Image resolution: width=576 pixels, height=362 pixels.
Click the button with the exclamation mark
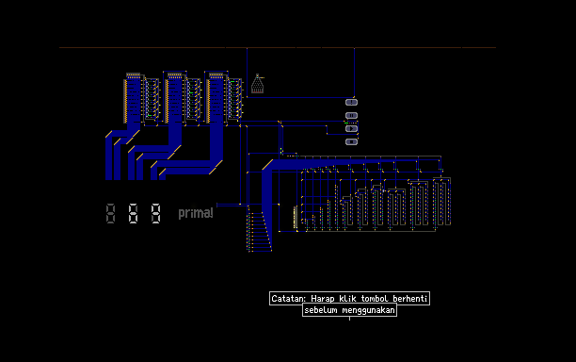(x=352, y=102)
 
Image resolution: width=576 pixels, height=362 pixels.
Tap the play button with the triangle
(x=352, y=129)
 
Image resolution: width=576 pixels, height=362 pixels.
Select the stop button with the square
(x=352, y=141)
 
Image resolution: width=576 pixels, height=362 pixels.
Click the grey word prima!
(x=196, y=213)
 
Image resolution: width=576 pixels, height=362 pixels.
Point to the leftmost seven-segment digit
(x=110, y=213)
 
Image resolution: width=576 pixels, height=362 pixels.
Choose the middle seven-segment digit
(x=133, y=213)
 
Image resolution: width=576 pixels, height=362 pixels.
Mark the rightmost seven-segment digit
(x=155, y=213)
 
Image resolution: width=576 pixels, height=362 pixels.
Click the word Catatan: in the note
(x=288, y=298)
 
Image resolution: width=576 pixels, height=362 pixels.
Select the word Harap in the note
(x=323, y=299)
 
